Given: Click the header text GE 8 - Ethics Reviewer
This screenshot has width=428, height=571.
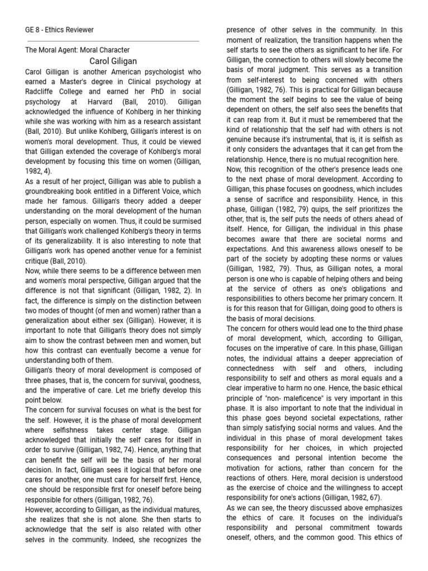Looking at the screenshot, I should coord(60,30).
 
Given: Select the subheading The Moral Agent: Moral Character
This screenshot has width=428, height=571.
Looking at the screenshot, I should coord(77,50).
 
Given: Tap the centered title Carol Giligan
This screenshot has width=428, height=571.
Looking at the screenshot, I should coord(113,61).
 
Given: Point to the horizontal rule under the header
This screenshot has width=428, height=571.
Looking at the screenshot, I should coord(113,41).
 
